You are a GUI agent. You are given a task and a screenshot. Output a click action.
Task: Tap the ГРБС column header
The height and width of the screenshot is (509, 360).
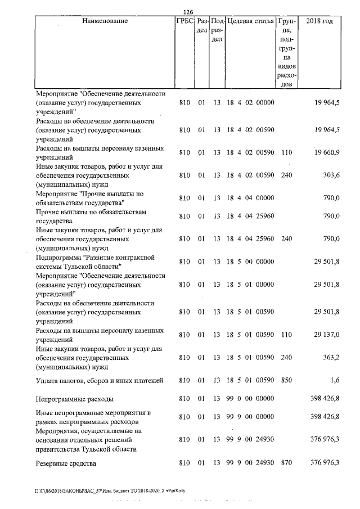184,21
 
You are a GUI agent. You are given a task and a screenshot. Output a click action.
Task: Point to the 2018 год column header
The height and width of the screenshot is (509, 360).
319,21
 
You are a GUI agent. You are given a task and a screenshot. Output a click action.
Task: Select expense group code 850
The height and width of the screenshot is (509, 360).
286,381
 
